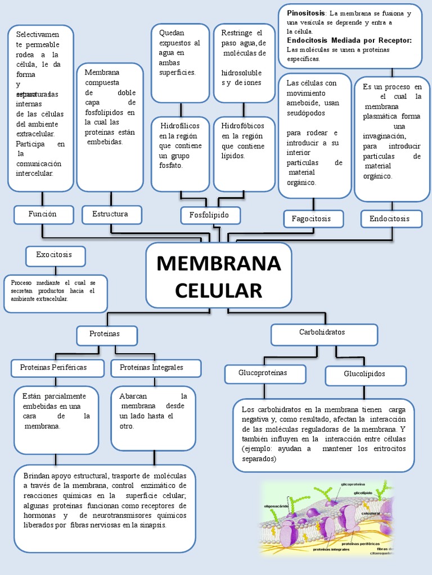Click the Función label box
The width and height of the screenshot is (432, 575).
pos(43,215)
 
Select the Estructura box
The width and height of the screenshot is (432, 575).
pos(110,215)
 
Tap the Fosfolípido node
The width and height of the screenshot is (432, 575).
pos(210,216)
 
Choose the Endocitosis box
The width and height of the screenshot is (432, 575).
pos(389,218)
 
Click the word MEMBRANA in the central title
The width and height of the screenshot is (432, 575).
pos(218,263)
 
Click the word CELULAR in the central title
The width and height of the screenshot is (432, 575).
pos(218,291)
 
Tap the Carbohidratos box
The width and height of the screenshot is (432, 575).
pos(323,333)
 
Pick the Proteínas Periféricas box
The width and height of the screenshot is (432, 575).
pos(54,368)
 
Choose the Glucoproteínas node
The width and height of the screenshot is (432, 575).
pos(263,373)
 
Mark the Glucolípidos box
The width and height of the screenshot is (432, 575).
pos(364,375)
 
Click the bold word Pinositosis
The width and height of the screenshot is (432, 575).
pos(305,12)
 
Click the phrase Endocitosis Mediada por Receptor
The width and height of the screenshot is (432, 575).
pos(349,40)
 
